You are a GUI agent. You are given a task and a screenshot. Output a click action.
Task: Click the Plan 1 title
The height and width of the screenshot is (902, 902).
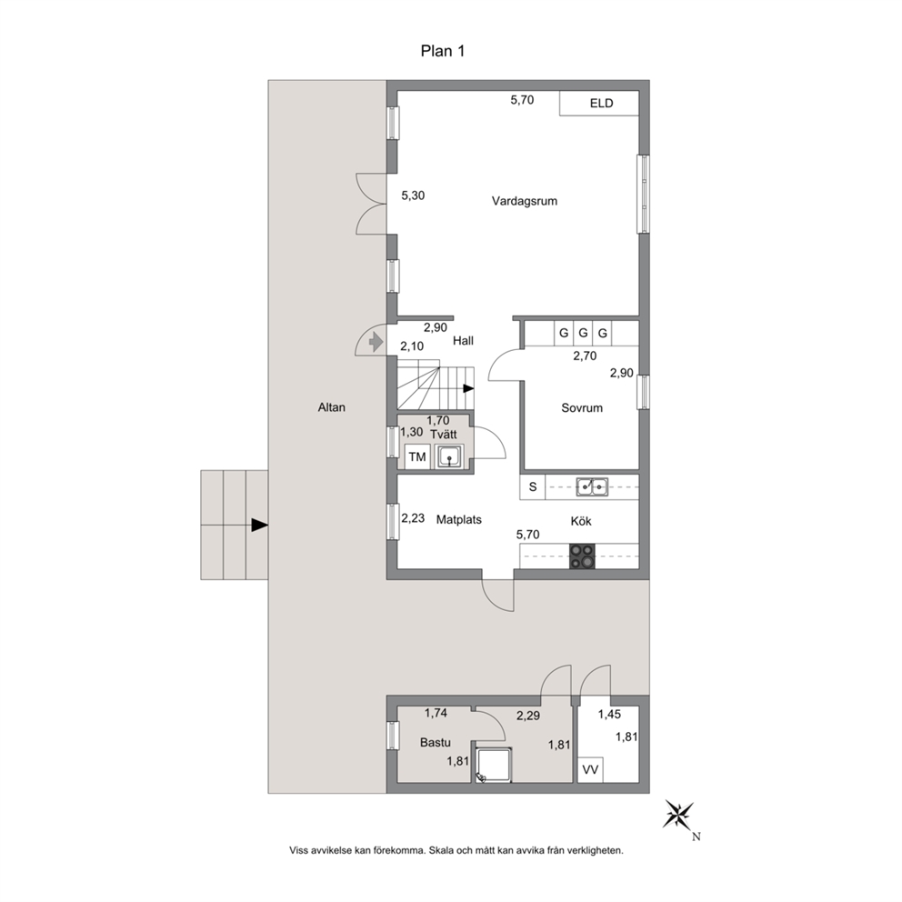point(443,51)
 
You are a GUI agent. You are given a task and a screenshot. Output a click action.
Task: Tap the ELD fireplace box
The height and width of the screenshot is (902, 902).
point(599,104)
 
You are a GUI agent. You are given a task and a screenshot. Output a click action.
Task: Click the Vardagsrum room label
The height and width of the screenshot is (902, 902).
point(524,201)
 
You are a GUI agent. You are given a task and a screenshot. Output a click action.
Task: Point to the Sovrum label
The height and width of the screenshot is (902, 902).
point(582,408)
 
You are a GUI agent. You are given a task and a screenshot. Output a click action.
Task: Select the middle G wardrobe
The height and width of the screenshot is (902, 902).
point(584,333)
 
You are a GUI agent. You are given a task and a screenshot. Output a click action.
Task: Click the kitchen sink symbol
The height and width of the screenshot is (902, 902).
point(592,486)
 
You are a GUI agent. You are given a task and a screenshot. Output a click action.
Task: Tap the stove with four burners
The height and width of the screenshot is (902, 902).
point(582,556)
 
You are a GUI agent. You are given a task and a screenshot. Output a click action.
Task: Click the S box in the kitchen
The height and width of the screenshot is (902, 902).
point(533,486)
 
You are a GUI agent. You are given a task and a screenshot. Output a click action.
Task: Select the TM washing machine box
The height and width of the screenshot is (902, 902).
point(417,456)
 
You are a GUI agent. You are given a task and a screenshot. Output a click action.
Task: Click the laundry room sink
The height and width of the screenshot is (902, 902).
point(449,456)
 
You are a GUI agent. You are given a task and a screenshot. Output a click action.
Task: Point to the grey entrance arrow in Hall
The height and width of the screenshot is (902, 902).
point(375,342)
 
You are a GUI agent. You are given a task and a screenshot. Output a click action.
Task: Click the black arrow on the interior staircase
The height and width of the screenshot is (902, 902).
point(468,388)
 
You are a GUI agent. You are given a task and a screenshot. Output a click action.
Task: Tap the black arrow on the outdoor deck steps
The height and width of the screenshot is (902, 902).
point(259,525)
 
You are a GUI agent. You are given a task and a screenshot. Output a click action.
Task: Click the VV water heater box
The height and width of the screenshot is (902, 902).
point(590,769)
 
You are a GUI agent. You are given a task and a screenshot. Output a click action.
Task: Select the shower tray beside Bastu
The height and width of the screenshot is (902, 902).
point(493,765)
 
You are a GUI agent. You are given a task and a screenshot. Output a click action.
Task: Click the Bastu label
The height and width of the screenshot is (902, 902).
point(435,743)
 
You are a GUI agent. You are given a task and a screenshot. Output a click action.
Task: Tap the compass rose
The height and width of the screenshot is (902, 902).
point(679,815)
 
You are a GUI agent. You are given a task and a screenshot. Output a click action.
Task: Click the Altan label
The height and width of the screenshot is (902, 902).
point(331,407)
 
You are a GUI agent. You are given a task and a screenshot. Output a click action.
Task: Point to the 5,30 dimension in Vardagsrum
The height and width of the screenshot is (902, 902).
point(413,195)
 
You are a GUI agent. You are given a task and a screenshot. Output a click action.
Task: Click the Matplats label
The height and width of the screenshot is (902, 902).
point(458,519)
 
